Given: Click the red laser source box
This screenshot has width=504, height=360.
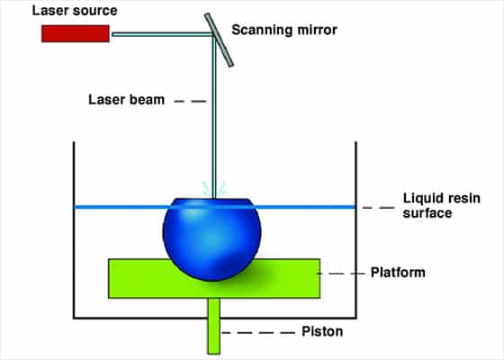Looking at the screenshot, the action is (76, 34).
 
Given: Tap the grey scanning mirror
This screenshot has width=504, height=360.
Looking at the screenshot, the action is (219, 40).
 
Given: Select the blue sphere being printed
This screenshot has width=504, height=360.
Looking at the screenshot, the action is (211, 239).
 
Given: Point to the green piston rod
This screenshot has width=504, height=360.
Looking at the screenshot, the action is (214, 326).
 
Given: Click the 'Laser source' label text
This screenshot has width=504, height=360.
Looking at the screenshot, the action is (75, 11).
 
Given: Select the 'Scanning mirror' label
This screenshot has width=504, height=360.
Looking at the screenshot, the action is (284, 30).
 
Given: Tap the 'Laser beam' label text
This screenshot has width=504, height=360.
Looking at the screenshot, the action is (126, 100).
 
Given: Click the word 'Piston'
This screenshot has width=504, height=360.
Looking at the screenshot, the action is (322, 331).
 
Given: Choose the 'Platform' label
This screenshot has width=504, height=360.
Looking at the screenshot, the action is (398, 273).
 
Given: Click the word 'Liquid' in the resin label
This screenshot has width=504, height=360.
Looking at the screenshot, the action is (421, 198).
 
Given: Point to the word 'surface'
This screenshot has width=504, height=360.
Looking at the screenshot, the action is (427, 213).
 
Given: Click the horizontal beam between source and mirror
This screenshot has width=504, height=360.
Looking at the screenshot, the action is (162, 34).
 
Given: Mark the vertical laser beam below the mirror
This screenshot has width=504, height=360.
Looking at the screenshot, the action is (214, 117).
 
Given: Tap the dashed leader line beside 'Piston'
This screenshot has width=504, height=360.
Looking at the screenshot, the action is (259, 333).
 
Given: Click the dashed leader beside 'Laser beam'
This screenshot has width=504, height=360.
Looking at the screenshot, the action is (190, 101).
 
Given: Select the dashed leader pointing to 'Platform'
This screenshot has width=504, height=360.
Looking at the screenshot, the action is (341, 274).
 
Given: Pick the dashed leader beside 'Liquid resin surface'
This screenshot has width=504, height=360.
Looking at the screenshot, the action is (379, 208).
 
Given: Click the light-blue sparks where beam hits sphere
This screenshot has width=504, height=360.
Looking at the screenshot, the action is (214, 188).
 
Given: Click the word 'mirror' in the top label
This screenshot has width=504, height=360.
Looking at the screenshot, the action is (317, 30).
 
